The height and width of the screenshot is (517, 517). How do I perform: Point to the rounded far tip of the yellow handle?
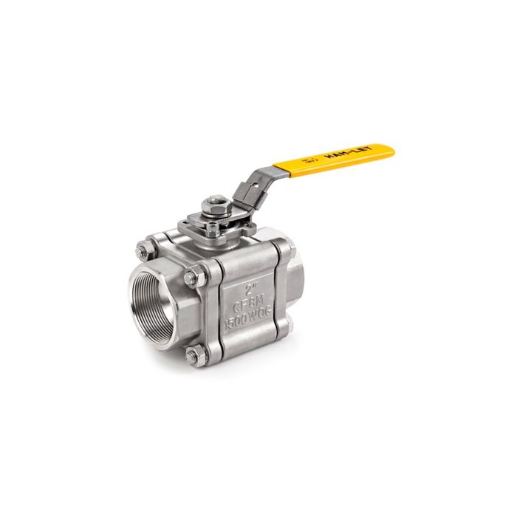pos(389,150)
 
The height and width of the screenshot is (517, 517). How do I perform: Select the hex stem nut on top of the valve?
pos(216,200)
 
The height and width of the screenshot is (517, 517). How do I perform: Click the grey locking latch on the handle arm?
pos(250,194)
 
